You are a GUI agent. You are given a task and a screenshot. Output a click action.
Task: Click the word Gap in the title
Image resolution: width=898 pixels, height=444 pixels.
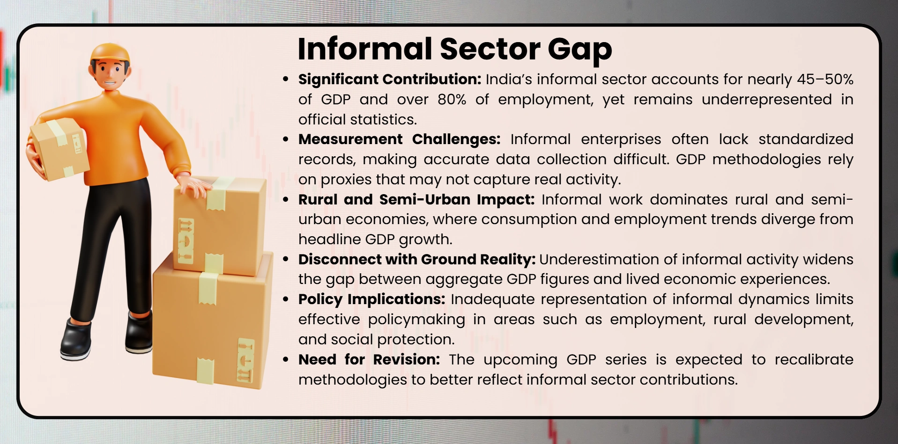point(579,50)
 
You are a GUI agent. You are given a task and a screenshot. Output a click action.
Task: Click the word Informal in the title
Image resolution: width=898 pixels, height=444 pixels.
point(365,49)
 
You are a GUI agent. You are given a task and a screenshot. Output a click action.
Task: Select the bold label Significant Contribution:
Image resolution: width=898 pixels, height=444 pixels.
point(390,80)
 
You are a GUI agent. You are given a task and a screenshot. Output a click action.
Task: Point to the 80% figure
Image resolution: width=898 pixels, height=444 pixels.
point(452,99)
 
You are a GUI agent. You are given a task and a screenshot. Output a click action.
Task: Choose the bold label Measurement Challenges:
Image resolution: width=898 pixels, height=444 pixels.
point(400,139)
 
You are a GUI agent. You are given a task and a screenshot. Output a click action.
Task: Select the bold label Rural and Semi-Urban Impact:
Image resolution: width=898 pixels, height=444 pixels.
point(416,199)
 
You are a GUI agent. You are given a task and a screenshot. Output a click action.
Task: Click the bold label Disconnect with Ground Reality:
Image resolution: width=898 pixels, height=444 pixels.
point(417,259)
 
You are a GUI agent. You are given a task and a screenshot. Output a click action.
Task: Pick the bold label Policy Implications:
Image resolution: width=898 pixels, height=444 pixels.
point(372,299)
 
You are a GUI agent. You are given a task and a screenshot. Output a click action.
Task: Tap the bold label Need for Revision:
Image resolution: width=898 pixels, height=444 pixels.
point(369,359)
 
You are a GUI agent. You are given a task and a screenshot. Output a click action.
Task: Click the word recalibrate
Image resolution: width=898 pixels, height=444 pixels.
point(814,359)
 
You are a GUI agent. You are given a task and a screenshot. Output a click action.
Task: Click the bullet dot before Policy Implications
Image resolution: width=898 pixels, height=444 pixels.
point(286,299)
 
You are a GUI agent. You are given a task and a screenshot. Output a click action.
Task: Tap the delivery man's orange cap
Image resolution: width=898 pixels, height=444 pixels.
point(110,53)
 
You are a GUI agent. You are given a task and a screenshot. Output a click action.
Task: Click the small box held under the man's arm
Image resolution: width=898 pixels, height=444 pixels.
point(60,149)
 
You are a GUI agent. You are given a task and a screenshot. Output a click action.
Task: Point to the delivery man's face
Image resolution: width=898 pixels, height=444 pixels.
point(111,75)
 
